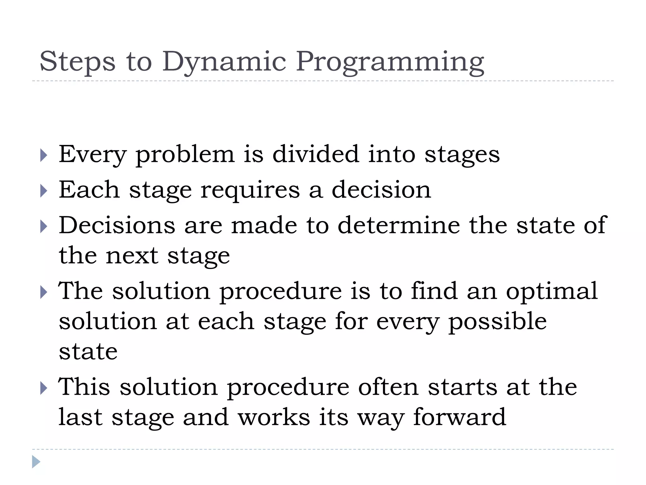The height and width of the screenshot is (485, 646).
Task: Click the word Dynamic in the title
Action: point(224,62)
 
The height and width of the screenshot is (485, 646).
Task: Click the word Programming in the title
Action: point(390,62)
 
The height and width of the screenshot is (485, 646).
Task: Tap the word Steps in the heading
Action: point(78,62)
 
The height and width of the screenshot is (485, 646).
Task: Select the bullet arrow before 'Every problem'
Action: point(44,155)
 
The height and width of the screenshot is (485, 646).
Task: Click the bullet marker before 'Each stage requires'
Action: point(44,191)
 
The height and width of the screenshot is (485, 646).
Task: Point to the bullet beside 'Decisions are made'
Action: point(44,227)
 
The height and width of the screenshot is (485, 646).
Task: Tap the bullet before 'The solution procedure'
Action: point(44,292)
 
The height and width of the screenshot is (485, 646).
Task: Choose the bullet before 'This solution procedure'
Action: point(44,388)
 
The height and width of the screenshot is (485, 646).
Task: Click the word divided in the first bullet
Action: point(315,154)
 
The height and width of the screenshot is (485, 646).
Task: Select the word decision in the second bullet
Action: point(381,190)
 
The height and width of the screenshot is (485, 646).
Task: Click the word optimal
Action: point(552,291)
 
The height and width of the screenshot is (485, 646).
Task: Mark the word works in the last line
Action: point(274,417)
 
